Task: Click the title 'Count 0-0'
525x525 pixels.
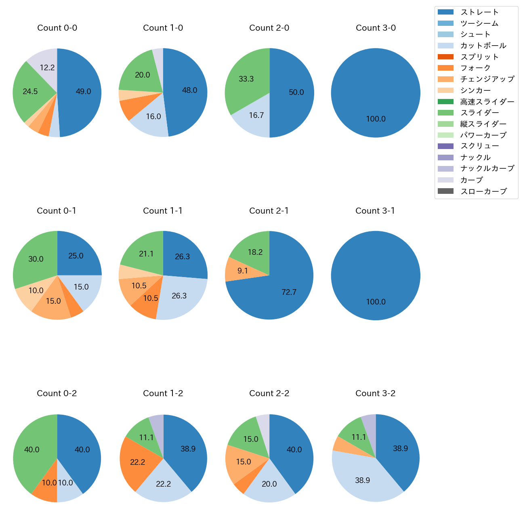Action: tap(57, 28)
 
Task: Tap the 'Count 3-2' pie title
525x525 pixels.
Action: tap(375, 393)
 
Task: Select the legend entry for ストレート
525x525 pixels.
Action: tap(479, 12)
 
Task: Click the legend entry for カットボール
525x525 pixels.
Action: tap(483, 46)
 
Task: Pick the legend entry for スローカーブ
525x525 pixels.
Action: tap(483, 191)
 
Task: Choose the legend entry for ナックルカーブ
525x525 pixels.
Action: tap(487, 169)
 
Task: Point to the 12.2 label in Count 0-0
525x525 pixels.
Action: tap(47, 68)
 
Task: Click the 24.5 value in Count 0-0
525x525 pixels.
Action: tap(30, 92)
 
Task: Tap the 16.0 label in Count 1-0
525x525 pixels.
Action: tap(153, 117)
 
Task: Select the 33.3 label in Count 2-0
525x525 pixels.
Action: tap(246, 79)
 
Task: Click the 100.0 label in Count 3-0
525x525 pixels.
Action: tap(376, 119)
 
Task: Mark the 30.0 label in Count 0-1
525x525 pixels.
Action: tap(36, 259)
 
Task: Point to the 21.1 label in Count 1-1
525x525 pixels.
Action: tap(146, 254)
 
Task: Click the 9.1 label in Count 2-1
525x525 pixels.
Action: tap(243, 271)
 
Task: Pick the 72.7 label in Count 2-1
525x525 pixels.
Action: tap(289, 292)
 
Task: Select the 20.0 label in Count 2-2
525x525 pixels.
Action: tap(269, 484)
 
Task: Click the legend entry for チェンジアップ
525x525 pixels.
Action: tap(487, 79)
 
